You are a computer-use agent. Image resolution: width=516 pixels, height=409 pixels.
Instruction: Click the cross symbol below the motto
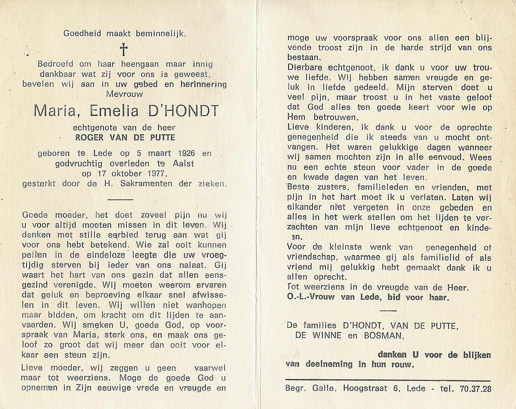[x=124, y=50]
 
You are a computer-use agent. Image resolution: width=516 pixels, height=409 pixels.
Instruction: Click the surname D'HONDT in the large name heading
[x=187, y=111]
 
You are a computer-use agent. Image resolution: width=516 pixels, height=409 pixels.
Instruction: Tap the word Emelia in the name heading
[x=115, y=111]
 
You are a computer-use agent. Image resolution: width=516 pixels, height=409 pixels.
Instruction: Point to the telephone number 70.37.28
[x=475, y=389]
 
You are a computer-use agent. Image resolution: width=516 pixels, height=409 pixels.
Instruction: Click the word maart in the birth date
[x=157, y=153]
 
